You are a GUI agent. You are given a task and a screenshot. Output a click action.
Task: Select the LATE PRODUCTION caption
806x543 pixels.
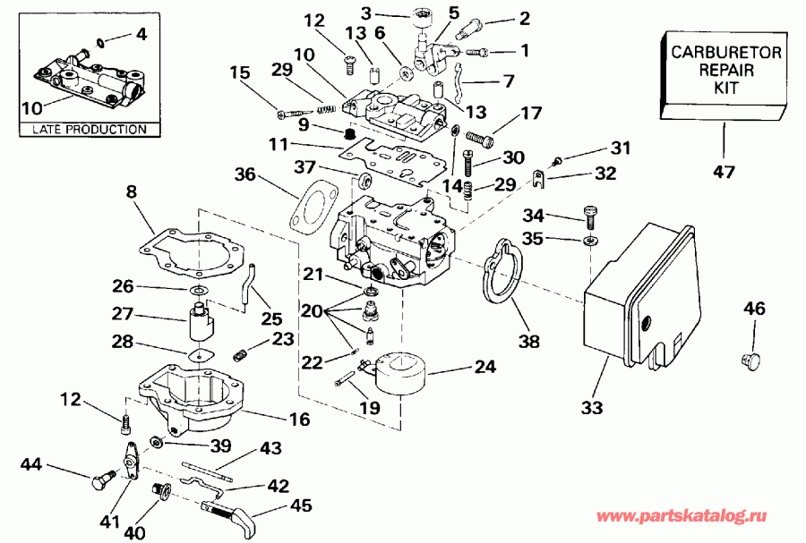coord(88,130)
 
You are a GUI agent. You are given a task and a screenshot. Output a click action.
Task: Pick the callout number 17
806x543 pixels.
coord(530,114)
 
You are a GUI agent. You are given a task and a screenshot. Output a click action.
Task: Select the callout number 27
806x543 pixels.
coord(123,313)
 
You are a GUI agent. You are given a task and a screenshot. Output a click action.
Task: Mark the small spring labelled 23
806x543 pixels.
coord(239,354)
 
